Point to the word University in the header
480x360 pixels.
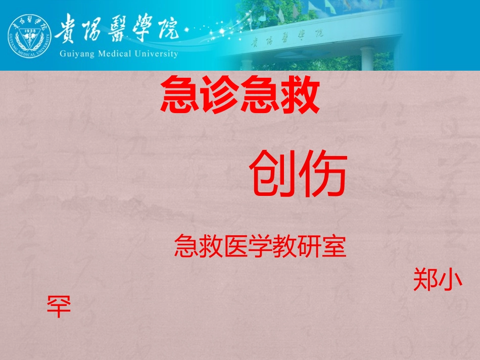[x=157, y=54]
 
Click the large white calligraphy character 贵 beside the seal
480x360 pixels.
[x=71, y=27]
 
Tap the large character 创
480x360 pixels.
[x=272, y=176]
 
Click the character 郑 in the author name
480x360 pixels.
[x=426, y=279]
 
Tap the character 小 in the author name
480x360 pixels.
[x=451, y=279]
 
